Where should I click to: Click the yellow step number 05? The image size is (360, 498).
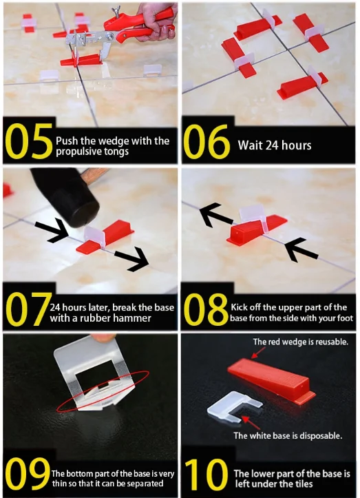point(29,141)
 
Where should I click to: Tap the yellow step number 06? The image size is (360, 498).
point(207,141)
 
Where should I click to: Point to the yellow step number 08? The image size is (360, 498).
point(206,309)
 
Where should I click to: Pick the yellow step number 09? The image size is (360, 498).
point(28,473)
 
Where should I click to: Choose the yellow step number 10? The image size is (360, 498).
point(207,474)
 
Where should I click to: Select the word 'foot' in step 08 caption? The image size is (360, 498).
point(345,318)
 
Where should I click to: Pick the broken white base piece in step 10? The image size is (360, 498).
point(234,408)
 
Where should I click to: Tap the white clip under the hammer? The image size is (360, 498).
point(95,236)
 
